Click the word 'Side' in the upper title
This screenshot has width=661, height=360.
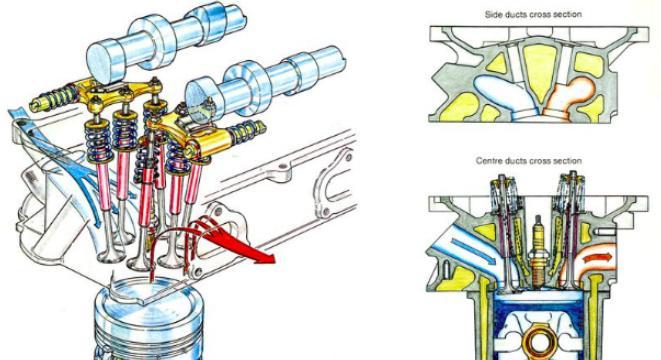pyautogui.click(x=493, y=14)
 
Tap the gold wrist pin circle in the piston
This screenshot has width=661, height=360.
pyautogui.click(x=537, y=342)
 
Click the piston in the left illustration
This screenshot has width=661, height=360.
pyautogui.click(x=147, y=321)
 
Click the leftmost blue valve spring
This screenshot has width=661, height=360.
pyautogui.click(x=99, y=140)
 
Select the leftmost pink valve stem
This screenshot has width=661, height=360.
pyautogui.click(x=103, y=184)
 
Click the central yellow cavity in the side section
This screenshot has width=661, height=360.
pyautogui.click(x=540, y=67)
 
